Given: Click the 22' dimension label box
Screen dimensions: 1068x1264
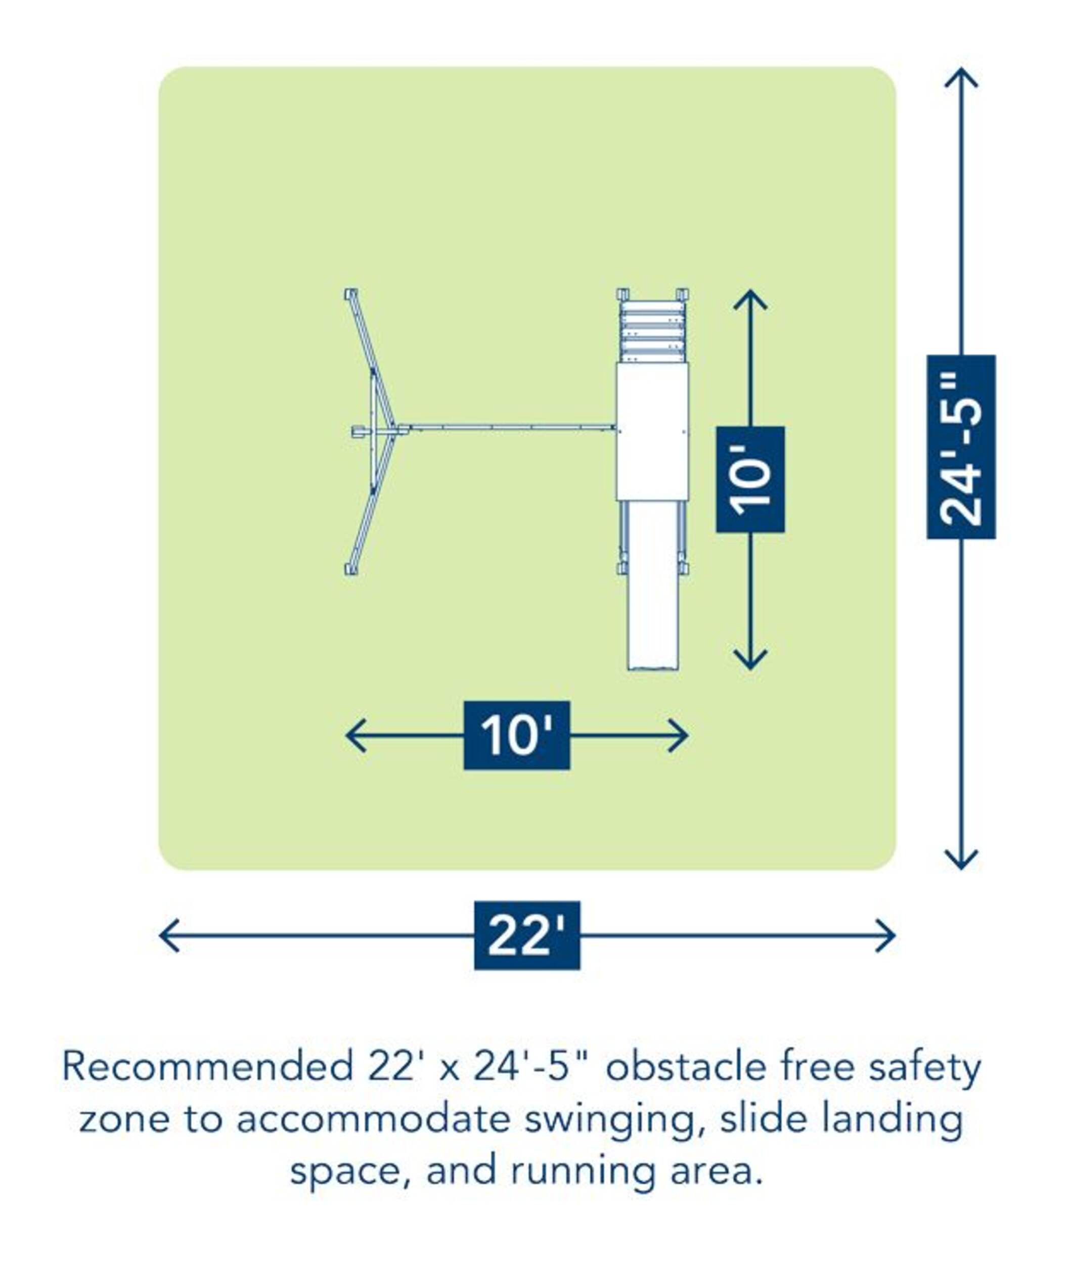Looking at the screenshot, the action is pos(527,935).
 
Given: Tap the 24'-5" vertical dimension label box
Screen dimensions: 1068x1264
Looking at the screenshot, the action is pos(961,447).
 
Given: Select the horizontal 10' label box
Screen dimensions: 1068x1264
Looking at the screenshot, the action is pos(516,736).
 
